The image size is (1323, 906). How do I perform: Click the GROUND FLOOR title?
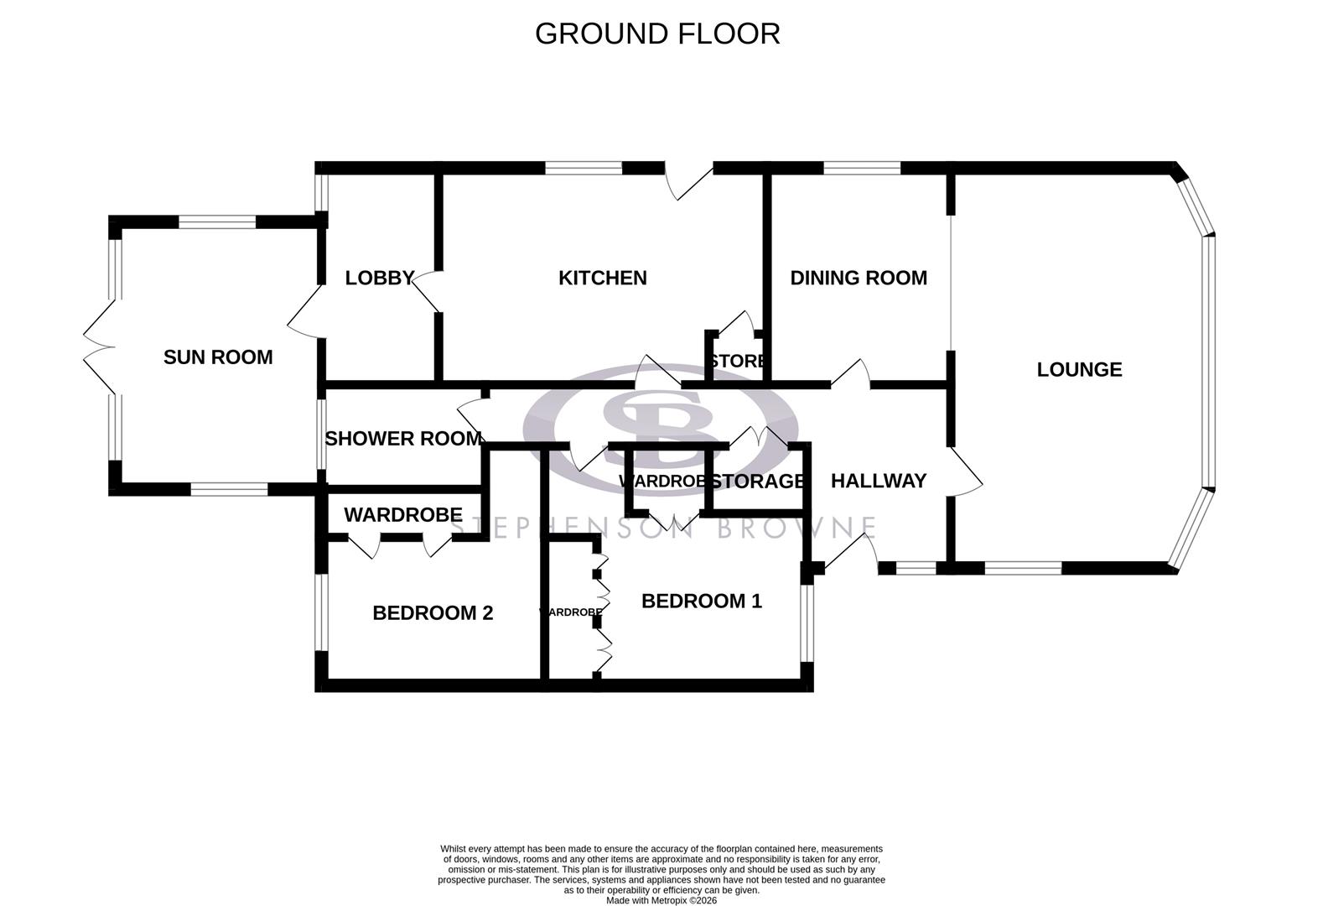(657, 34)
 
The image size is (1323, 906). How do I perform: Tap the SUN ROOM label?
(218, 357)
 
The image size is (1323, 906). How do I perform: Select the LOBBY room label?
(380, 278)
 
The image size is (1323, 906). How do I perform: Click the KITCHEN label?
(602, 278)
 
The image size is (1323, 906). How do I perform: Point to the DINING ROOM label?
(859, 278)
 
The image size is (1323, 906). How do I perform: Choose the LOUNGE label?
(1079, 369)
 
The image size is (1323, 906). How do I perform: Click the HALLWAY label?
(878, 481)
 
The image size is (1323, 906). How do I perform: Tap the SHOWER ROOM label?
(403, 439)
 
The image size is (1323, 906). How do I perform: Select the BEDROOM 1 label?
(701, 601)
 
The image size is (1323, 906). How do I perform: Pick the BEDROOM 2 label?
(433, 613)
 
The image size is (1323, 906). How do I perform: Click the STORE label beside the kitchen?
(737, 362)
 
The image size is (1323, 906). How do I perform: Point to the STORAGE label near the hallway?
(757, 482)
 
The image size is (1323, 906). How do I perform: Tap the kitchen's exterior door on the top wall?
(689, 180)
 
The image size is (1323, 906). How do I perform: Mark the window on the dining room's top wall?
(861, 168)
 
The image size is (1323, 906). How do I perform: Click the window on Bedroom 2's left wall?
(321, 611)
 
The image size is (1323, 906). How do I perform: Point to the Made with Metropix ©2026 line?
(661, 901)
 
